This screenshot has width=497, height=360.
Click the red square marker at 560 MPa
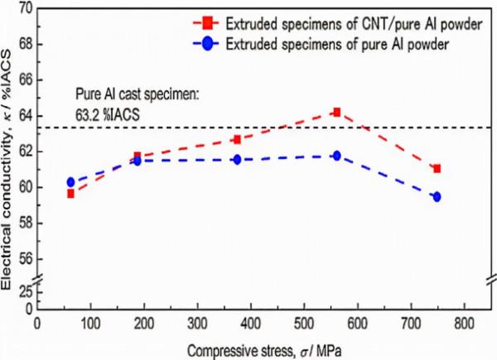tap(336, 112)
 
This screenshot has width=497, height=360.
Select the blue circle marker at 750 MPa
tap(437, 197)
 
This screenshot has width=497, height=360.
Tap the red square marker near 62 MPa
tap(71, 194)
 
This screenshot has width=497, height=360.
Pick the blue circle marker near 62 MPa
tap(71, 182)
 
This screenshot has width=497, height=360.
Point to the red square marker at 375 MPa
tap(237, 140)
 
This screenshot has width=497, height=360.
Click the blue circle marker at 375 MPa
tap(237, 159)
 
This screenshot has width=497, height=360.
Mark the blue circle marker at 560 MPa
tap(336, 156)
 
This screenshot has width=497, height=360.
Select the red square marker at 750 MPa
tap(437, 169)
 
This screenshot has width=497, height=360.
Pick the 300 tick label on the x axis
tap(197, 324)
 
